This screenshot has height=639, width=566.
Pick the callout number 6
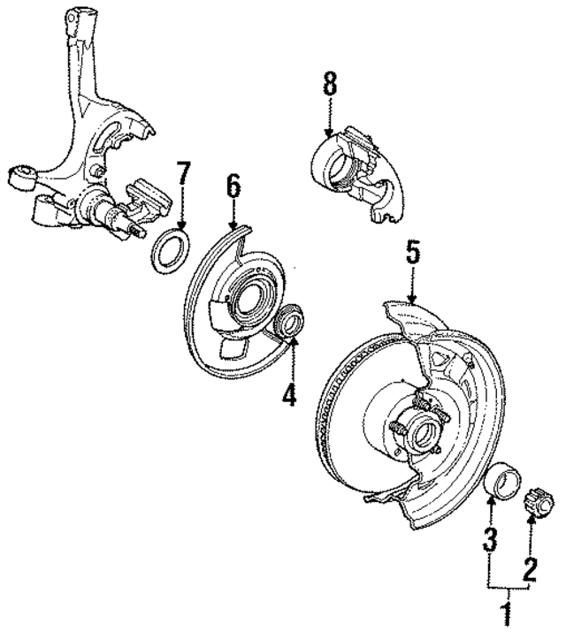tap(233, 186)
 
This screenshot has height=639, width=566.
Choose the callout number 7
tap(183, 173)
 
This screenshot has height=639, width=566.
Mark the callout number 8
tap(329, 87)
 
